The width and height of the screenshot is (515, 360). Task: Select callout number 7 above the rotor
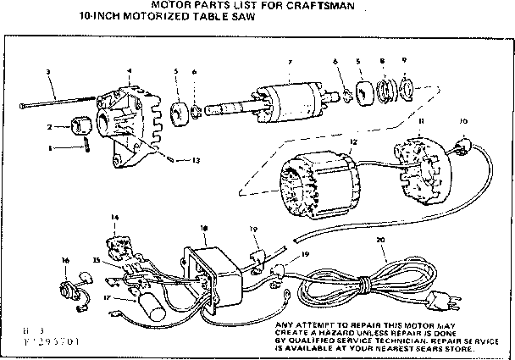(x=289, y=62)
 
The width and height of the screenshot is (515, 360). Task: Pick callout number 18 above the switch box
(x=203, y=229)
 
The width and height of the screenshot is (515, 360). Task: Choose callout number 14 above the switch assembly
(x=114, y=218)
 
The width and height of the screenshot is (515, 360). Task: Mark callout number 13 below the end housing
(x=197, y=160)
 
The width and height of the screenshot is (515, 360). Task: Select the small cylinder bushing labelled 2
(x=85, y=126)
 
